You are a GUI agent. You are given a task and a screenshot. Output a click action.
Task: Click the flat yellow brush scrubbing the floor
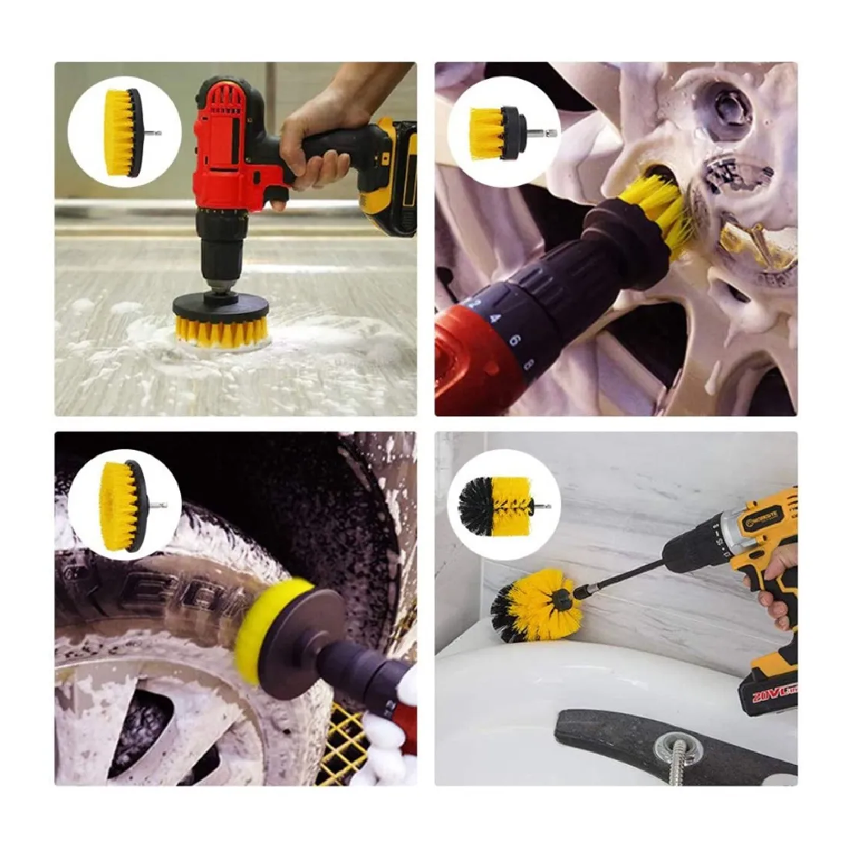tap(222, 328)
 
